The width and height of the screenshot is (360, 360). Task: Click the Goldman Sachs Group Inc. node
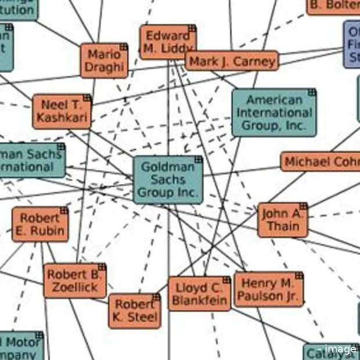point(168,179)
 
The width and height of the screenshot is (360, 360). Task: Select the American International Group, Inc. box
point(274,113)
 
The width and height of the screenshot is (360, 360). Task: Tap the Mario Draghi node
point(105,60)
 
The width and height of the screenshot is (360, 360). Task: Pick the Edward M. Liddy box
point(168,42)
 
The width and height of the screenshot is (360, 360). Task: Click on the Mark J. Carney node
point(232,61)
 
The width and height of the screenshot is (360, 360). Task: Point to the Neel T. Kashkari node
point(62,111)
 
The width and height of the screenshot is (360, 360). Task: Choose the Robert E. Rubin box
point(40,225)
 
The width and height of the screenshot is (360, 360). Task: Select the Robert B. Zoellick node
point(75,281)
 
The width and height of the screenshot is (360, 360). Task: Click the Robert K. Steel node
point(135,311)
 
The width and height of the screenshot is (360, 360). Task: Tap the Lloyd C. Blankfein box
point(199,294)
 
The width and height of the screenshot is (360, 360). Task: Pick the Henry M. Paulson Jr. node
point(268,290)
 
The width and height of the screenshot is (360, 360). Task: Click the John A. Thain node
point(283,220)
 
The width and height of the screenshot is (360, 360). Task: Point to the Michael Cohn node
point(321,161)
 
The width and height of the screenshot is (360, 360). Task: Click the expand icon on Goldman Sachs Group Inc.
point(199,160)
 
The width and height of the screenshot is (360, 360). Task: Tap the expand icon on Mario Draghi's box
point(123,47)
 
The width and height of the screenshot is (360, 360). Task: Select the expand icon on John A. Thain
point(303,207)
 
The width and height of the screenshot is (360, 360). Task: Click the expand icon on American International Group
point(312,92)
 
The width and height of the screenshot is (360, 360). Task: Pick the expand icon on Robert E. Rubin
point(64,211)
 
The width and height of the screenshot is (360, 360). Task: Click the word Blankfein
point(199,300)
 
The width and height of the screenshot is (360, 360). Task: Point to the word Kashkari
point(62,118)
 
